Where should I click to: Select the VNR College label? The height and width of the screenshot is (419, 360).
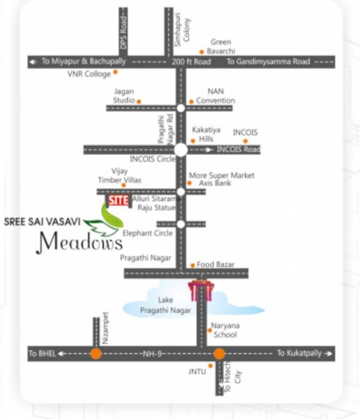coord(89,73)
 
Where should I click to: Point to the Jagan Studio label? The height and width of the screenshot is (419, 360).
coord(123,96)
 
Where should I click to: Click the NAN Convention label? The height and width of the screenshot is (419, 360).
coord(216,96)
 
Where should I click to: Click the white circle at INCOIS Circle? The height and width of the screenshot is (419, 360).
coord(181,149)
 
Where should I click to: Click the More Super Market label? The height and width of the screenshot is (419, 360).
coord(222,175)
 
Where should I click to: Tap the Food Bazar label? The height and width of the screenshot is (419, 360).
coord(216,265)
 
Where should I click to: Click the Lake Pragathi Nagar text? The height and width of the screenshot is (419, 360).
coord(165,304)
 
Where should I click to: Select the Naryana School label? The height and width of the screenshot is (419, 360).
coord(225,330)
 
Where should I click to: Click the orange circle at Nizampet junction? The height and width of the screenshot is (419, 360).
coord(96,353)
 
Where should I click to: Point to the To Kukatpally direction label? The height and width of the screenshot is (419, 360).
coord(299,353)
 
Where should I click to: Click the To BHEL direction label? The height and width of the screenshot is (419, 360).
coord(42,354)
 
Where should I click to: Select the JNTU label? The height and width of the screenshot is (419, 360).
coord(197,371)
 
